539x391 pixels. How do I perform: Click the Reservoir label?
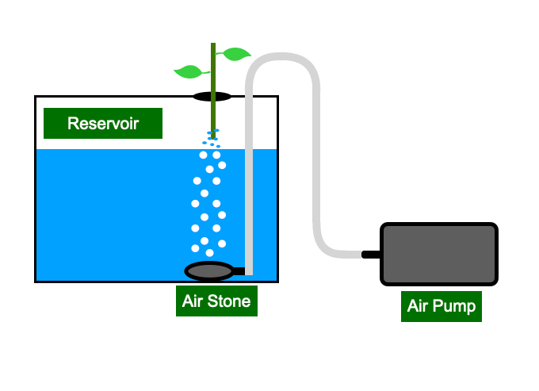(103, 123)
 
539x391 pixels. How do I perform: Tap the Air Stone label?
(216, 301)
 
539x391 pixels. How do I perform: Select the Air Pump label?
(442, 306)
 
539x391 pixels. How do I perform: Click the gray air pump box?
(439, 254)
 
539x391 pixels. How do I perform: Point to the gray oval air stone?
(209, 271)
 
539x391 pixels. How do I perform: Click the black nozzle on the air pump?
(371, 255)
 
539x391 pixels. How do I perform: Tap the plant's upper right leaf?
(235, 54)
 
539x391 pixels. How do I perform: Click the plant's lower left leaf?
(190, 71)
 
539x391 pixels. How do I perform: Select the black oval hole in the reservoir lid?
(212, 97)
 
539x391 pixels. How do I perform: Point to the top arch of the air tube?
(282, 56)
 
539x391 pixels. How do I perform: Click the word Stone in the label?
(229, 301)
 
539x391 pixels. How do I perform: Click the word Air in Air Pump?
(417, 305)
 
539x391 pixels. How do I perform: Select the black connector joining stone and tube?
(239, 271)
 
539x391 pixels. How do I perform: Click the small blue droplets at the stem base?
(212, 138)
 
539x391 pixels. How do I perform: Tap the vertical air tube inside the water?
(249, 212)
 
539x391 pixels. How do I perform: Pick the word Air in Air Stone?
(193, 301)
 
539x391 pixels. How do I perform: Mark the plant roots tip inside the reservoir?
(213, 137)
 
